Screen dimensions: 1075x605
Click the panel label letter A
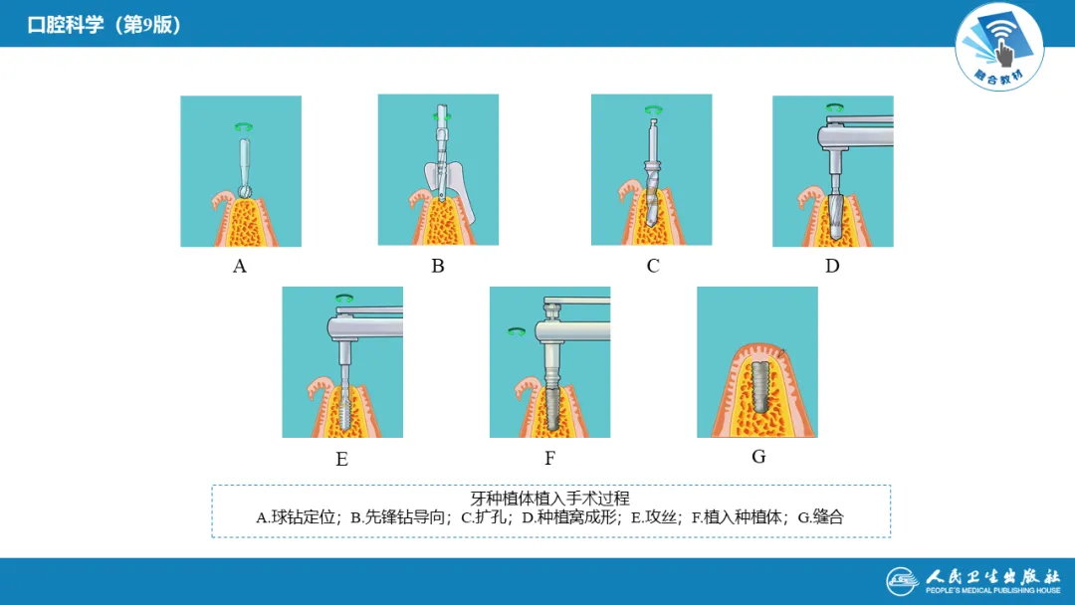[x=239, y=266]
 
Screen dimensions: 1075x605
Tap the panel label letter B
[x=437, y=266]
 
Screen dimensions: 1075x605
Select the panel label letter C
[x=653, y=266]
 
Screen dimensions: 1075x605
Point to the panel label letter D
[x=832, y=266]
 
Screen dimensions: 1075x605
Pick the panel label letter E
[x=341, y=459]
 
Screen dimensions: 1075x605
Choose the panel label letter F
[x=549, y=459]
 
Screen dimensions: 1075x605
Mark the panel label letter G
[x=758, y=457]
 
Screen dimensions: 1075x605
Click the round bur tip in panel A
[x=244, y=192]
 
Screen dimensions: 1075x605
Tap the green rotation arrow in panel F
[x=517, y=332]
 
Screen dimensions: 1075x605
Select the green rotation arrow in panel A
[x=244, y=126]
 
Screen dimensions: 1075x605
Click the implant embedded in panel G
[x=759, y=387]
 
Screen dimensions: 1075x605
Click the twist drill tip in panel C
[x=650, y=222]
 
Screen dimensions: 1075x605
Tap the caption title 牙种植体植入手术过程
[x=549, y=499]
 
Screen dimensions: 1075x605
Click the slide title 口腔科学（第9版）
[x=105, y=25]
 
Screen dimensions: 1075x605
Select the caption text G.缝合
[x=820, y=517]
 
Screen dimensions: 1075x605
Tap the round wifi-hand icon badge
[x=999, y=47]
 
